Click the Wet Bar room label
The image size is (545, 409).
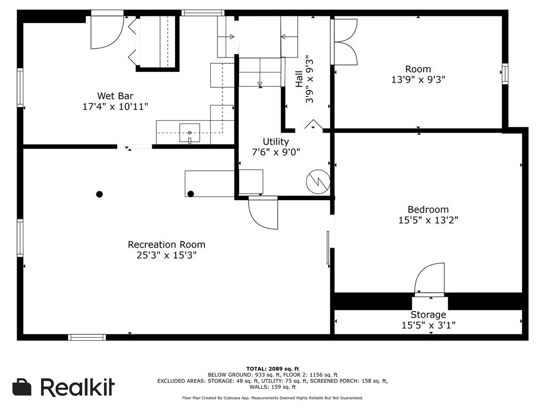[x=115, y=96]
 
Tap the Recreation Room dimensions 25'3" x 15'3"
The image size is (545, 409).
[x=166, y=255]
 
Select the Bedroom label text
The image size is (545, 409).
[x=428, y=209]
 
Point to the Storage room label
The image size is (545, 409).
[x=428, y=315]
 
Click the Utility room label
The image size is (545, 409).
[x=276, y=142]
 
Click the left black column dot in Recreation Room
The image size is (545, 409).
[x=100, y=194]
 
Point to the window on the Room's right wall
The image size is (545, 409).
[x=505, y=74]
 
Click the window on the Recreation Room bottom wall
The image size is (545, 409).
[x=87, y=337]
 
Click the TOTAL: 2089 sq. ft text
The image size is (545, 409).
[x=272, y=369]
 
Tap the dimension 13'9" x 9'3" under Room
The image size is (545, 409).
[x=418, y=79]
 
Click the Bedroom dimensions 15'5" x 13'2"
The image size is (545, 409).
[x=428, y=219]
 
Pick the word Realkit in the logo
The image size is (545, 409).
[x=77, y=387]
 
